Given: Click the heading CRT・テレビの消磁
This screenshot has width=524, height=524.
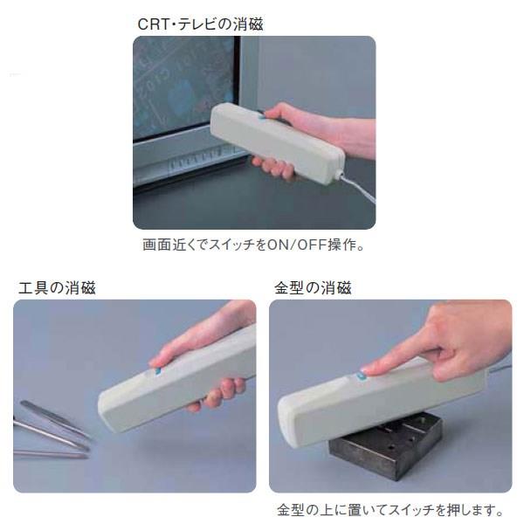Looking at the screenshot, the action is pyautogui.click(x=200, y=24).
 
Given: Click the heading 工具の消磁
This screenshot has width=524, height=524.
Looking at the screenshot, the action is pyautogui.click(x=57, y=287).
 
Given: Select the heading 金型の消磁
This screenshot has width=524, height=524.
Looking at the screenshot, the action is pyautogui.click(x=313, y=287).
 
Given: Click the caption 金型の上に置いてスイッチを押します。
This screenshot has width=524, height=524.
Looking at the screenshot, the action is pyautogui.click(x=390, y=510).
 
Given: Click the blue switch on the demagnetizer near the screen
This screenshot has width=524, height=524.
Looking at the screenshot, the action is pyautogui.click(x=262, y=117).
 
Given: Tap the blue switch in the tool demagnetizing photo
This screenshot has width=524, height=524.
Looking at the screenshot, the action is pyautogui.click(x=158, y=371).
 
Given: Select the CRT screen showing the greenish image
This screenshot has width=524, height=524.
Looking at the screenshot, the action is pyautogui.click(x=183, y=86).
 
